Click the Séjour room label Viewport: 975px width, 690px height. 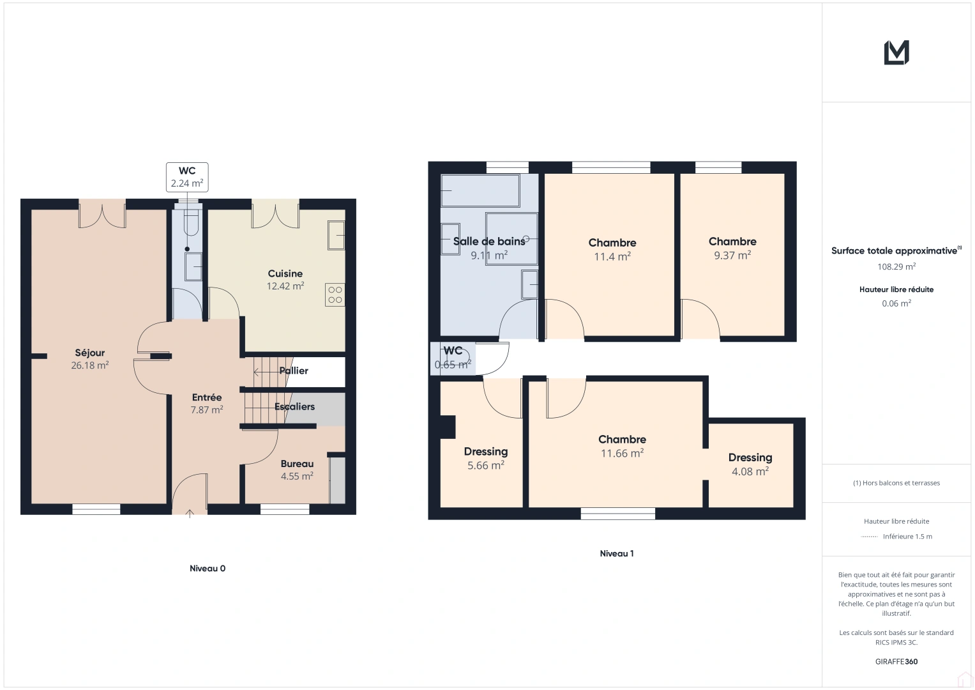(89, 353)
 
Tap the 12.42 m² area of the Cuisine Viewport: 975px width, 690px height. (285, 286)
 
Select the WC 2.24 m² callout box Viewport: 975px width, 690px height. (187, 178)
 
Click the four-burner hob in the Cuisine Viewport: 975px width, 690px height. (335, 295)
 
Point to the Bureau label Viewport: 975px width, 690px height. (297, 464)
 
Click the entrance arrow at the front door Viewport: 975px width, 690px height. (190, 514)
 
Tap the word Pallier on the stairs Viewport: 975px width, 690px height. (294, 371)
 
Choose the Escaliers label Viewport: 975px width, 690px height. (295, 406)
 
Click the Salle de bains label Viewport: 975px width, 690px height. (489, 241)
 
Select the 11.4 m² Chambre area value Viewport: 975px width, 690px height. (612, 257)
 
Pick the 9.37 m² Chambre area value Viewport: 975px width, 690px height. (732, 256)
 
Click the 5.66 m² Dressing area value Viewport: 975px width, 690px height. (486, 465)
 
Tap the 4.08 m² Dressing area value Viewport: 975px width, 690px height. (750, 471)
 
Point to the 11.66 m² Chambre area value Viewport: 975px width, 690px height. (623, 453)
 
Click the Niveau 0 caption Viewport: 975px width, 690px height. (208, 568)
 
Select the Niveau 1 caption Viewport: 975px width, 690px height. (617, 553)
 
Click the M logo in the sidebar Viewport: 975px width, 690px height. (896, 52)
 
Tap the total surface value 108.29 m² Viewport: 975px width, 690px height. (896, 266)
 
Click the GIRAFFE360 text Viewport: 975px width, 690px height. (896, 661)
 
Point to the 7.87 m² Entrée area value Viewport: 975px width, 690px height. (207, 410)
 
